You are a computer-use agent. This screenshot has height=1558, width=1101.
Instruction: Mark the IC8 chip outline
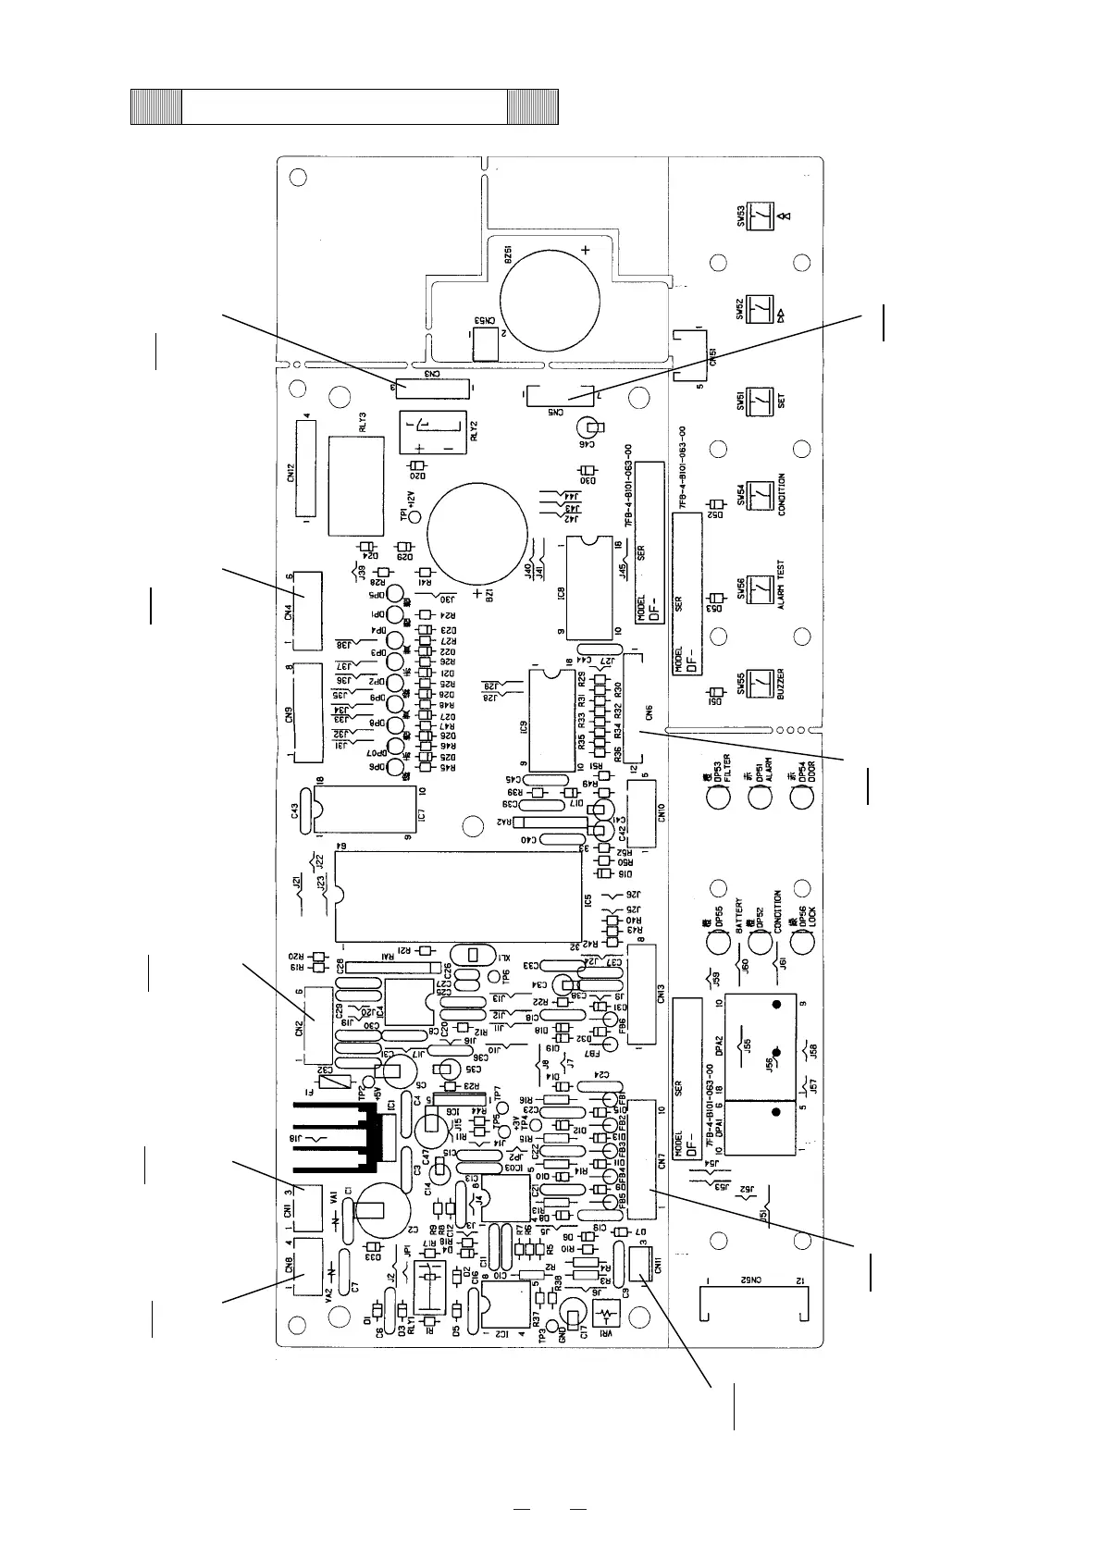(588, 588)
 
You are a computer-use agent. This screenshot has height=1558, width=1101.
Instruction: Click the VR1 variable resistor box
(606, 1315)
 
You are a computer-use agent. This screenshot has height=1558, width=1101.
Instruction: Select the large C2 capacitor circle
(375, 1211)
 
